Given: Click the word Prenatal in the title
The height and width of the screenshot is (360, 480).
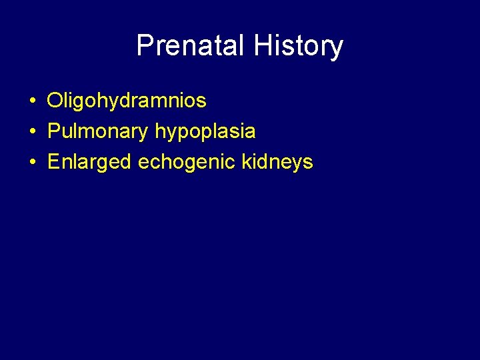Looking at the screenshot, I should [191, 46].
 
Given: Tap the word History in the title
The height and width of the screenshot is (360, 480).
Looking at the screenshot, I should [299, 46].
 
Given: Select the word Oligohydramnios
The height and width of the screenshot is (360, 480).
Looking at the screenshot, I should [127, 101].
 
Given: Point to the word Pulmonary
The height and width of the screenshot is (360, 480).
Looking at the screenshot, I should [98, 131].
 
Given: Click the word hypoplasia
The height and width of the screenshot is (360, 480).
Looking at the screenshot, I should [205, 132].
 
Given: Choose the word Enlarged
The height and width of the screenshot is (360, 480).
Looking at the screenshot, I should [90, 162].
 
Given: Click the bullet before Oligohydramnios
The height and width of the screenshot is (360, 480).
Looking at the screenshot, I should [32, 102].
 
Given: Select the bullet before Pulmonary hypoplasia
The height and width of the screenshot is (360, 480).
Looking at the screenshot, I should [32, 132].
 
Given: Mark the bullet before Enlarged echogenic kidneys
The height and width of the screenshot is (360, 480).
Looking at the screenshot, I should [32, 162].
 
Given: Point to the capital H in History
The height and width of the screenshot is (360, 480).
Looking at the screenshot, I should [263, 46].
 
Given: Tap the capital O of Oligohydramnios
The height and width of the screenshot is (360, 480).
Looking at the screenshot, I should [55, 101].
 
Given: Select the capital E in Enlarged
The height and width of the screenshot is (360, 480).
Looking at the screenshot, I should [54, 162].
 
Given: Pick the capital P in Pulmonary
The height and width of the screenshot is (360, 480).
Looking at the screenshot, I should [54, 131].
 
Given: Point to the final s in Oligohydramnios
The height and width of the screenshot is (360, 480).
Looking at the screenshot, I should [202, 103].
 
